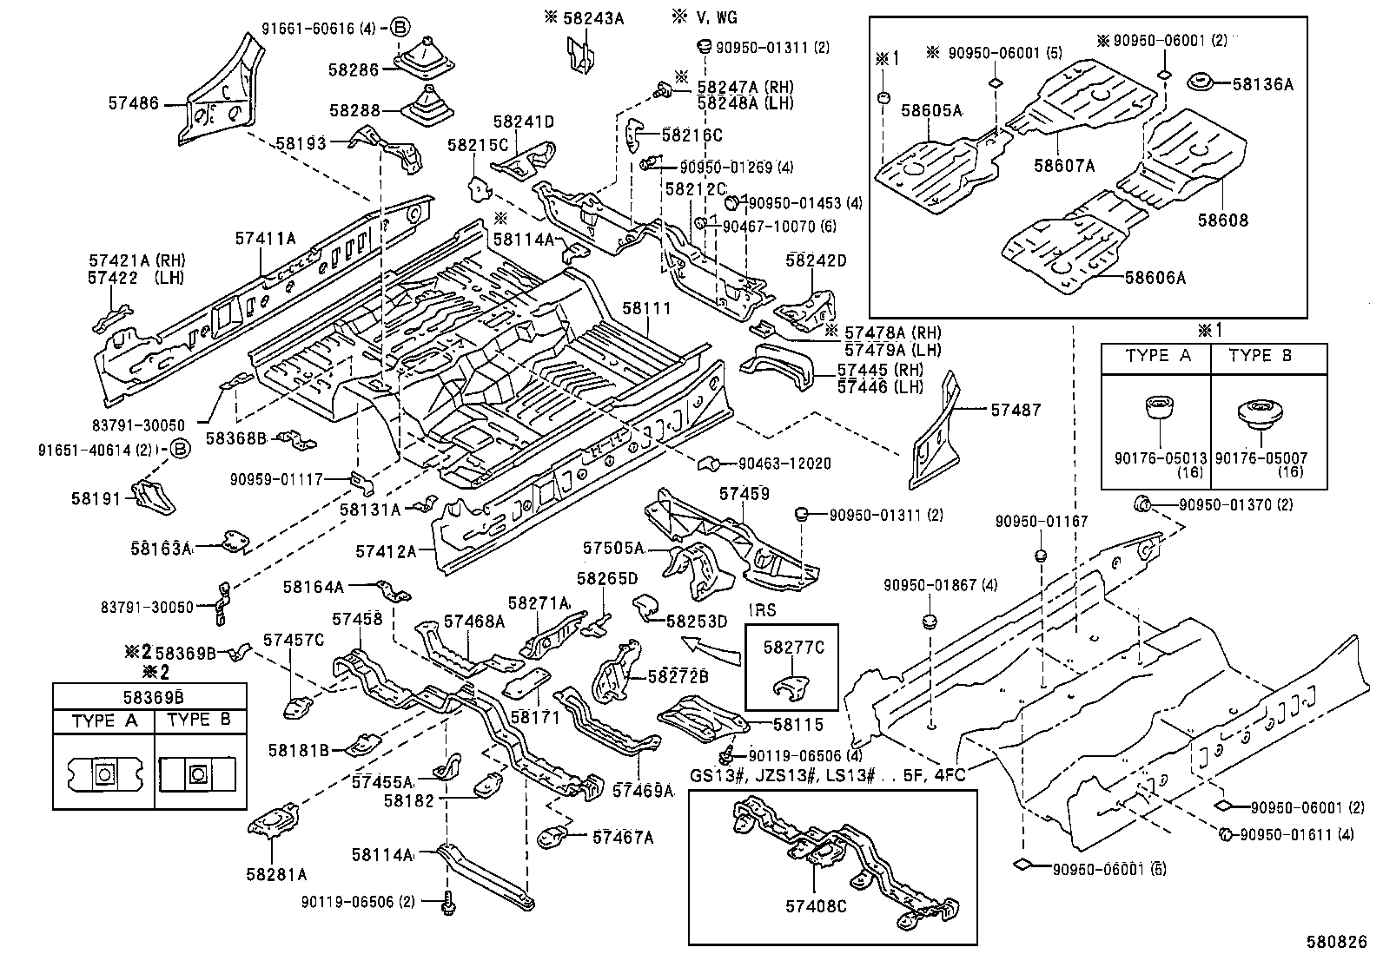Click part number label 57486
pos(134,102)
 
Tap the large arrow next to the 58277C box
pos(707,647)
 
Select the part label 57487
pos(1016,409)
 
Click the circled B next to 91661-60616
pos(399,27)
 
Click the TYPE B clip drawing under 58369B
pos(198,772)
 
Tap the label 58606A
pos(1155,278)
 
